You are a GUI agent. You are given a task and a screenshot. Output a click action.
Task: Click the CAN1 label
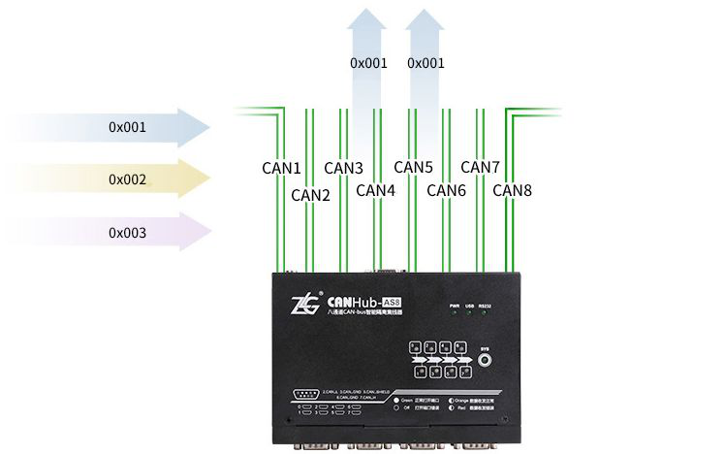[282, 168]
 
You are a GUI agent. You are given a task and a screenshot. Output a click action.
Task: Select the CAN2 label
[311, 195]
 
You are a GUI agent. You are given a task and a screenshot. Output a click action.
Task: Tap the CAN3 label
[344, 168]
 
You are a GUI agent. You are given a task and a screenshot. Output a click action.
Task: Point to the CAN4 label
[376, 190]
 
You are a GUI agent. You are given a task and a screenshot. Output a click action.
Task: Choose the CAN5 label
[413, 168]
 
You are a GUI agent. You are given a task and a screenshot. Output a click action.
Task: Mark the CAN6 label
[447, 190]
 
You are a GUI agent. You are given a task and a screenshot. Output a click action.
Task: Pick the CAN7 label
[481, 168]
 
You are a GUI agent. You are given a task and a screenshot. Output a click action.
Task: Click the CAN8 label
[512, 190]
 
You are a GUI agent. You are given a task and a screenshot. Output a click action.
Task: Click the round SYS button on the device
[487, 359]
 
